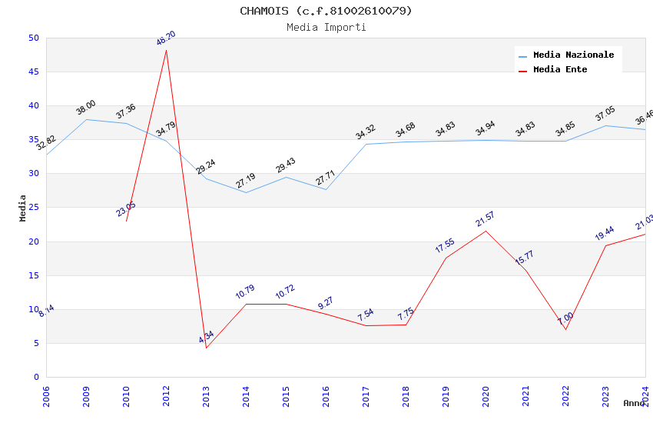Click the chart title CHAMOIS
pyautogui.click(x=326, y=11)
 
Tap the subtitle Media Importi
pyautogui.click(x=326, y=27)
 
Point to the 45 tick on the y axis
pyautogui.click(x=33, y=72)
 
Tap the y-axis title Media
pyautogui.click(x=23, y=208)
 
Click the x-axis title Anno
pyautogui.click(x=634, y=403)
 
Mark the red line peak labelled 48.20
pyautogui.click(x=167, y=50)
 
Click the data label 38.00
pyautogui.click(x=86, y=108)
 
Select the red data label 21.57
pyautogui.click(x=485, y=220)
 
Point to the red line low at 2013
pyautogui.click(x=206, y=348)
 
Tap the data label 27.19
pyautogui.click(x=246, y=181)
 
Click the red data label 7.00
pyautogui.click(x=565, y=318)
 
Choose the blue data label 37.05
pyautogui.click(x=605, y=114)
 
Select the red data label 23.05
pyautogui.click(x=126, y=209)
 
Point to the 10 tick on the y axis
pyautogui.click(x=33, y=309)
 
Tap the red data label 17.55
pyautogui.click(x=445, y=246)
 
